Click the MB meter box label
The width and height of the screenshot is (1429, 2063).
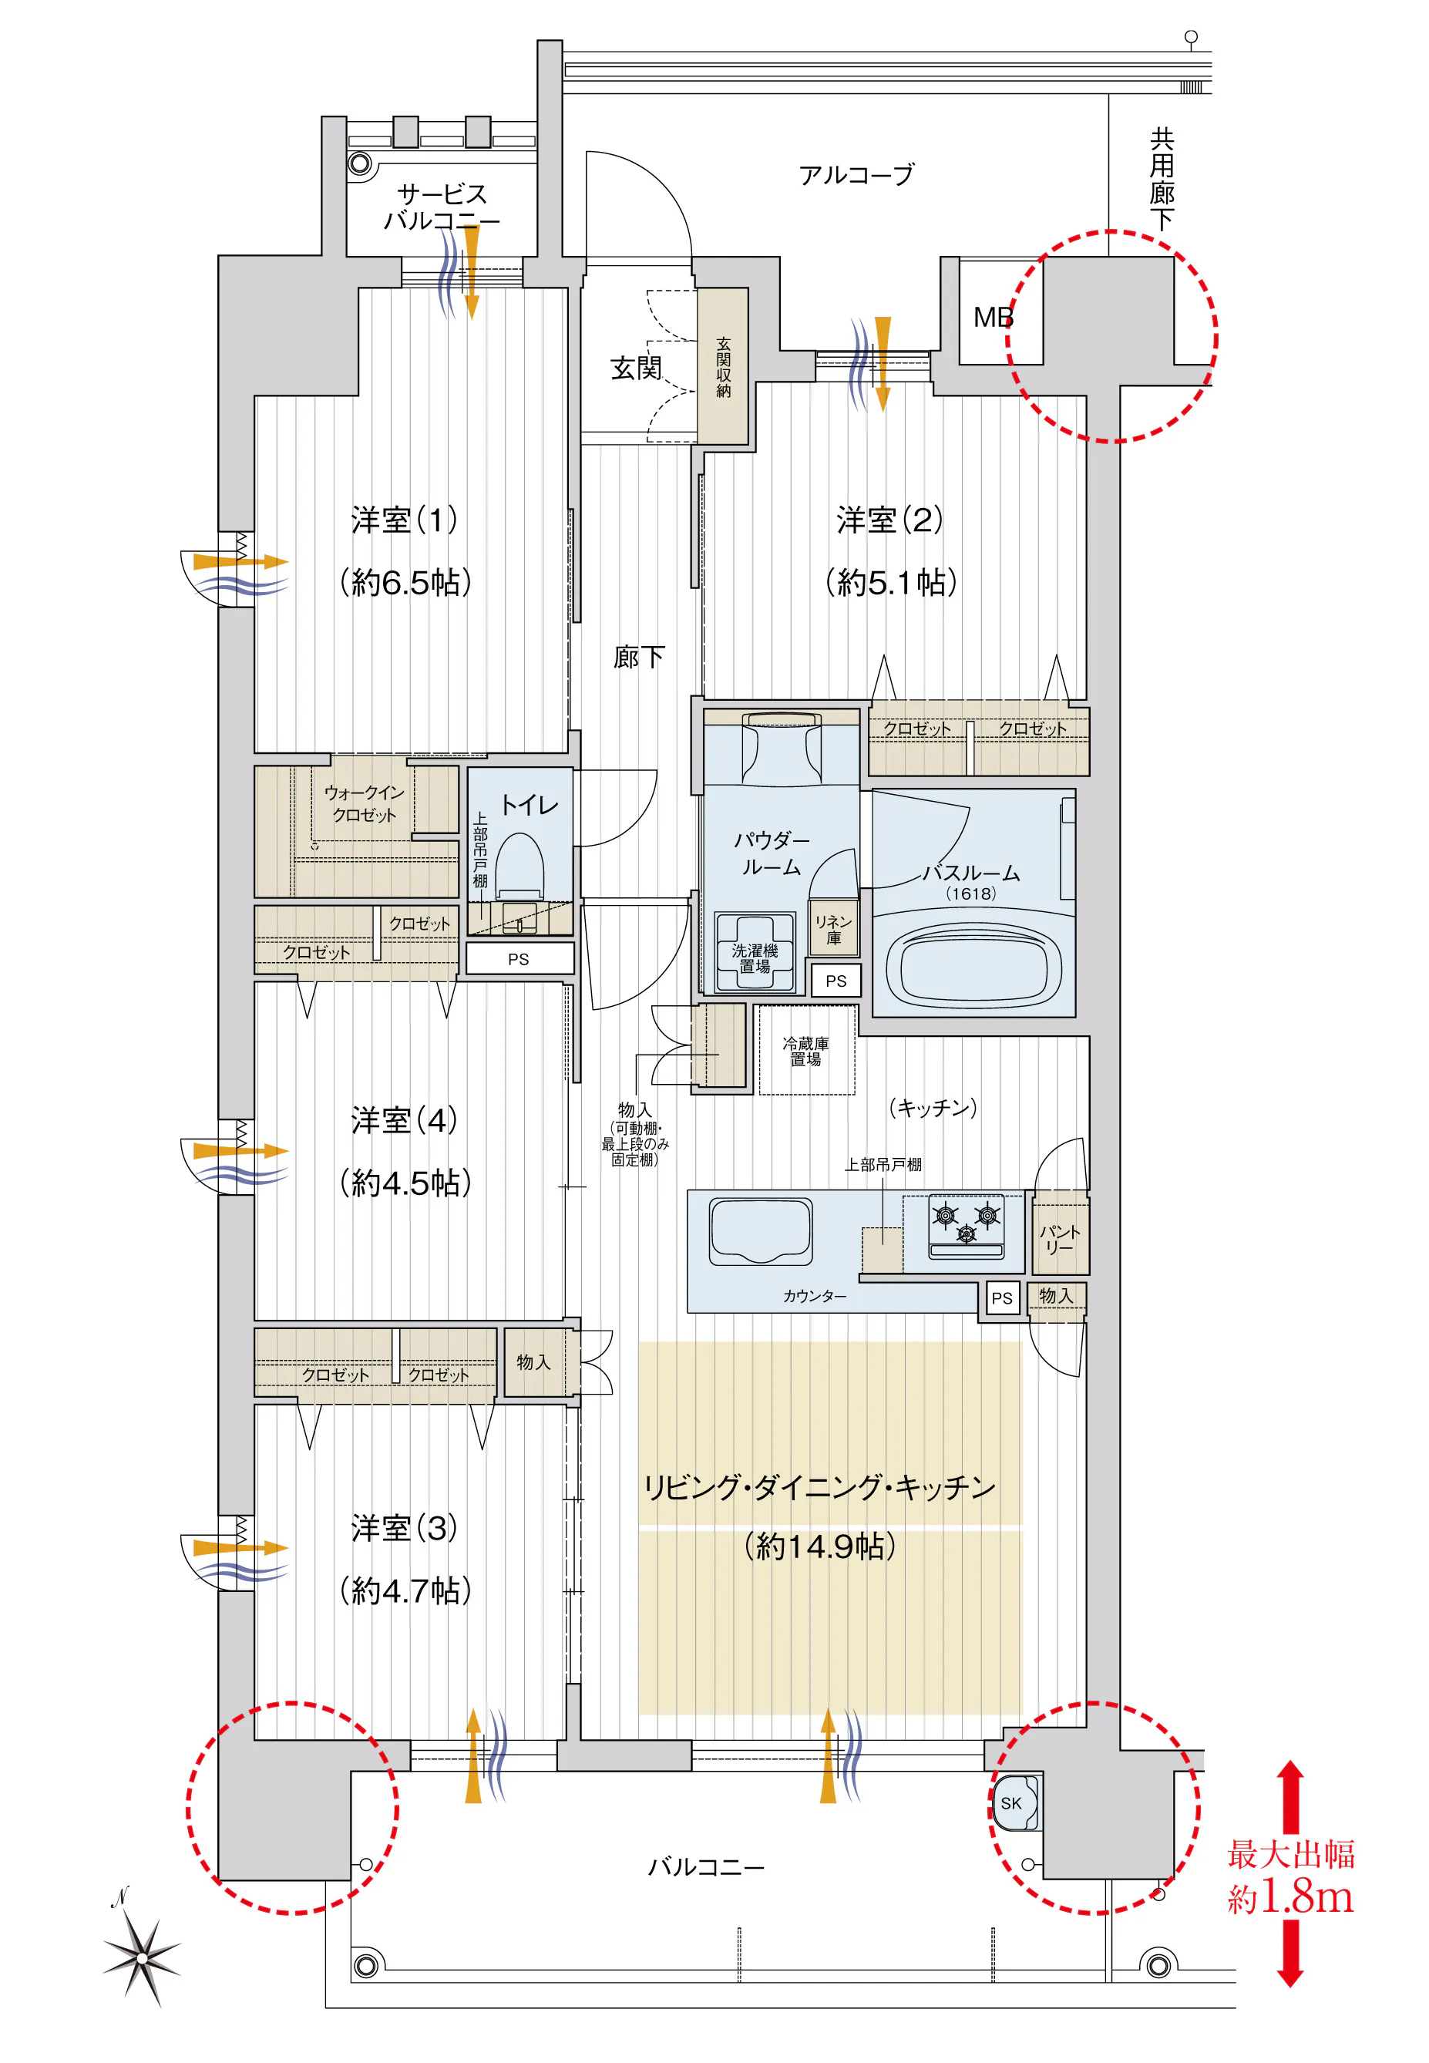(x=993, y=317)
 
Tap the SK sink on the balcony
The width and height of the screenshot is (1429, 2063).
(x=1013, y=1802)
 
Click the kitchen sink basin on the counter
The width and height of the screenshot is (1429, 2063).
(x=760, y=1231)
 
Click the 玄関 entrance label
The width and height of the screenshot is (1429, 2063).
(x=636, y=368)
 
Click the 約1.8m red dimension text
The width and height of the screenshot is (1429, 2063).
(x=1290, y=1897)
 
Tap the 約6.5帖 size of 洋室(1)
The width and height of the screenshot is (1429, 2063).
(x=405, y=583)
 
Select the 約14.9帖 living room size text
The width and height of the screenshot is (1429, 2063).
(x=819, y=1545)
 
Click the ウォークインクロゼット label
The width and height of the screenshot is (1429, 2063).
(x=364, y=803)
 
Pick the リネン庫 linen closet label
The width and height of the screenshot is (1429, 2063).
(x=834, y=930)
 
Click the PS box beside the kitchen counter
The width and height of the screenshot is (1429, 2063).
(x=1002, y=1297)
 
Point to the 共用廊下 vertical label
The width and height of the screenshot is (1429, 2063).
(x=1162, y=179)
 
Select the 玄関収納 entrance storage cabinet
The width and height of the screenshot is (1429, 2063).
(x=722, y=366)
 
